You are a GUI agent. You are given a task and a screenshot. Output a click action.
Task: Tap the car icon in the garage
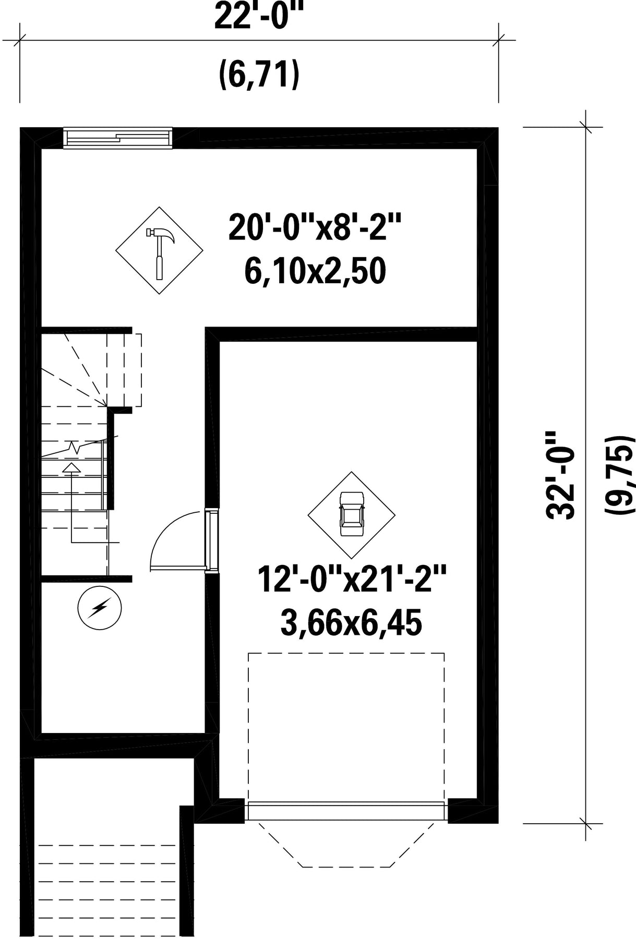coord(351,514)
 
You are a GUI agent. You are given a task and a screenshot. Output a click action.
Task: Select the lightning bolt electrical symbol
coord(99,607)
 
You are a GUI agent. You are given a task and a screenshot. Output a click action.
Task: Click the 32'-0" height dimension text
coord(560,475)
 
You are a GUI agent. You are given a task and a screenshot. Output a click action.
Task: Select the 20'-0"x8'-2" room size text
coord(315,228)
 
